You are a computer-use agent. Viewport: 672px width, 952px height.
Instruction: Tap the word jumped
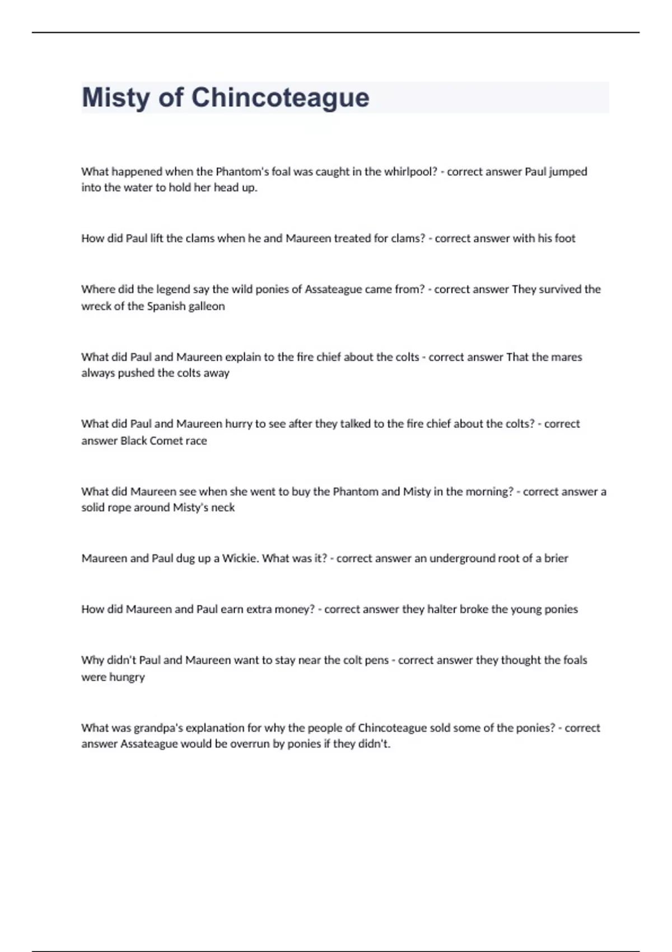click(568, 172)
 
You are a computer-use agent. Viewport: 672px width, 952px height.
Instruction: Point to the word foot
click(564, 239)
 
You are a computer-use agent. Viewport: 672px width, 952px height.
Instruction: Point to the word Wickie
click(240, 558)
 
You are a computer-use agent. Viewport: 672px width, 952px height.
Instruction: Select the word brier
click(556, 558)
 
